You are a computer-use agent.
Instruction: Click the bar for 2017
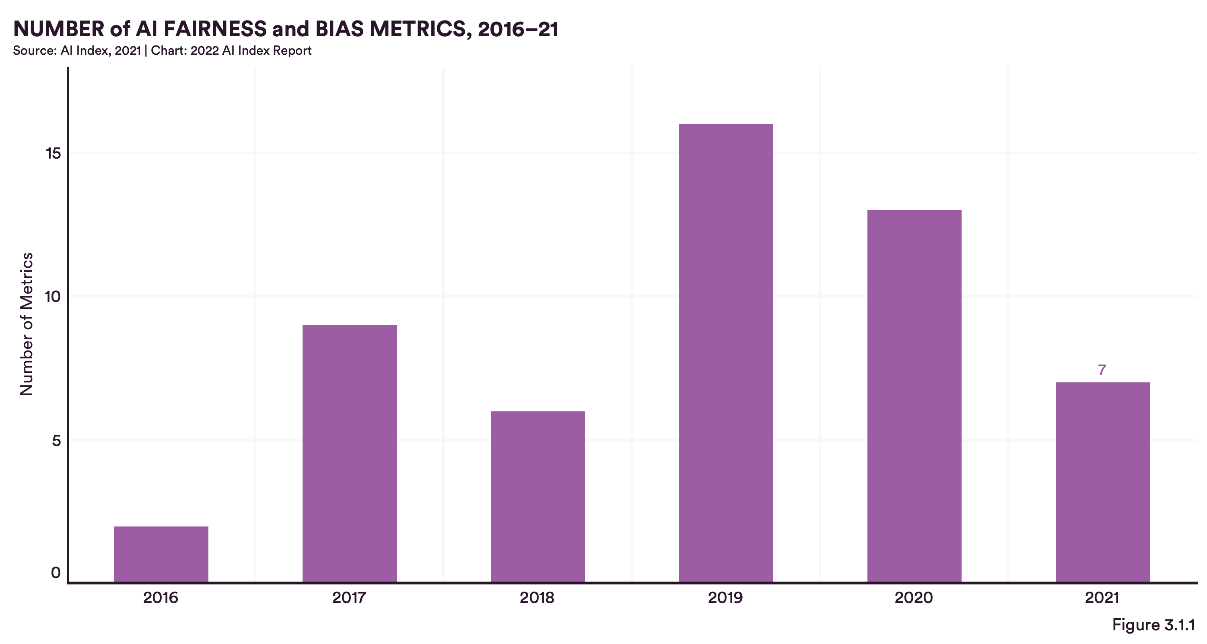(x=350, y=453)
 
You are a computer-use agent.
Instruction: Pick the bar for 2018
(x=538, y=496)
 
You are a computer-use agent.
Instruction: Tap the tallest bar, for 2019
(x=726, y=353)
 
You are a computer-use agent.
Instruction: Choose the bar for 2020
(x=914, y=396)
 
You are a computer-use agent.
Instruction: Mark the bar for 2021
(x=1102, y=482)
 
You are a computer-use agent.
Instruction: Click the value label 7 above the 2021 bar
(x=1102, y=370)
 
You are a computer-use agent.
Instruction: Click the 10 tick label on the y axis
(x=52, y=297)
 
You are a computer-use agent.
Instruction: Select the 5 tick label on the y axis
(x=56, y=441)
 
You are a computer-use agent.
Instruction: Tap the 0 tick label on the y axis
(x=56, y=572)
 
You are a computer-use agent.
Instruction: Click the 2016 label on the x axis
(x=161, y=598)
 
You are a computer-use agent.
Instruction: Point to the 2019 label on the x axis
(x=725, y=598)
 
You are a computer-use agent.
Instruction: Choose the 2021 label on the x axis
(x=1102, y=598)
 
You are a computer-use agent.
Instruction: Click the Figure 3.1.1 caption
(x=1153, y=625)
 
